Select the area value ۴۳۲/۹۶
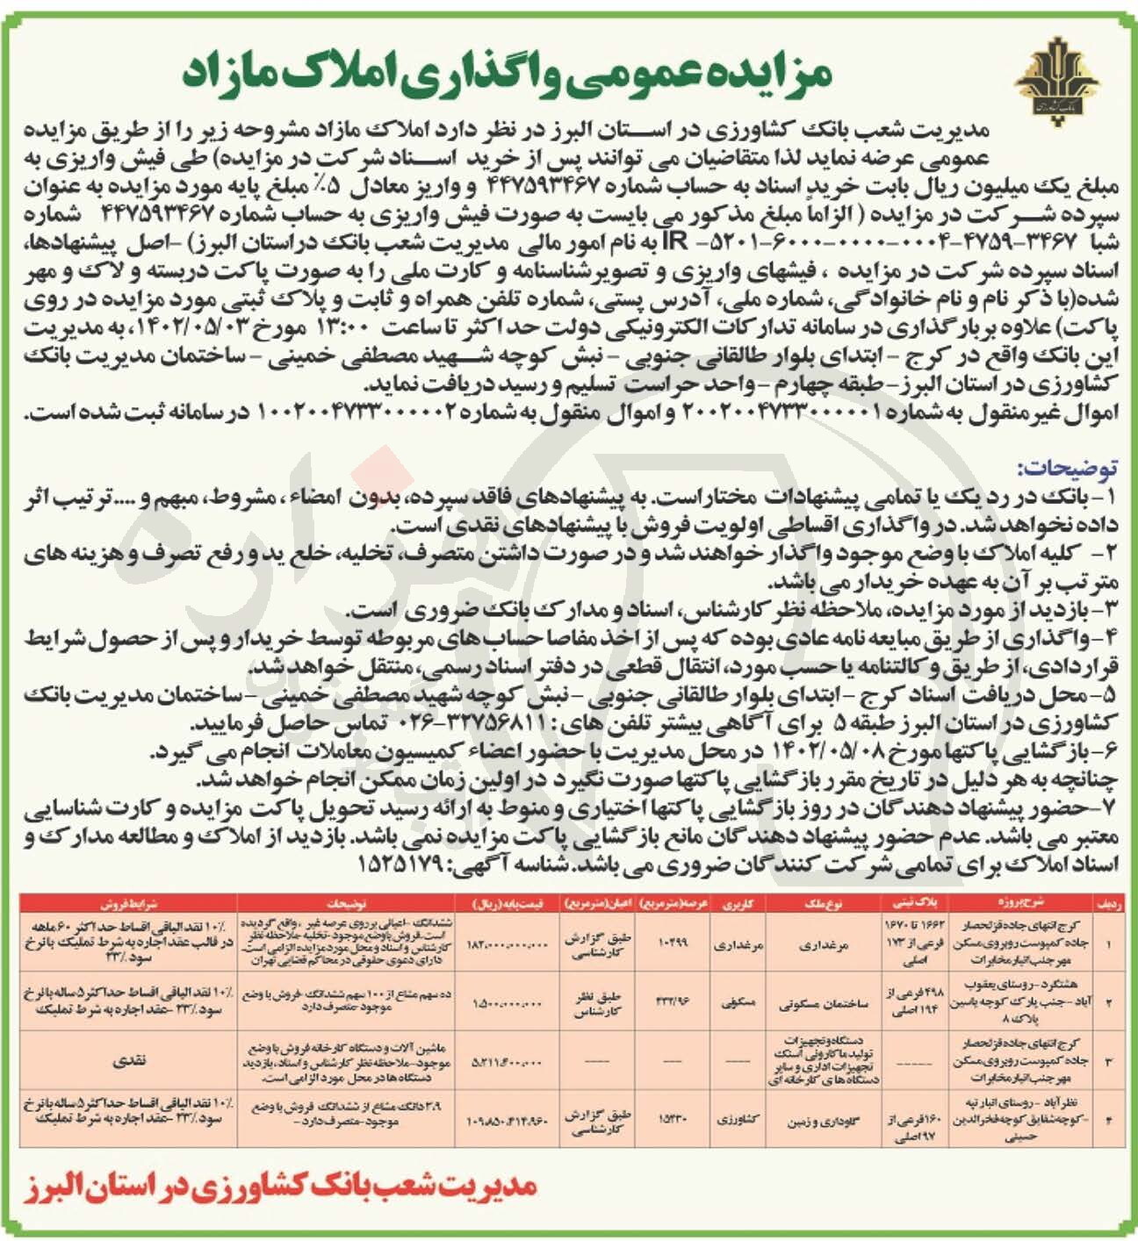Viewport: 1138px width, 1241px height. (672, 1001)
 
